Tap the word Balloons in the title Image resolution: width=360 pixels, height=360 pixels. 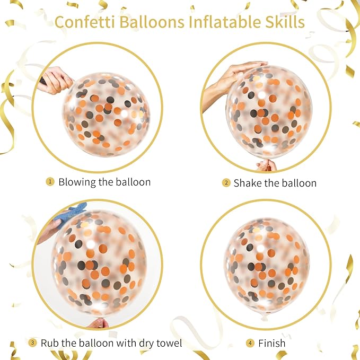(x=152, y=22)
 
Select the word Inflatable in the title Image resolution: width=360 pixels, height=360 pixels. (x=225, y=22)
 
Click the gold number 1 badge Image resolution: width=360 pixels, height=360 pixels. (x=50, y=182)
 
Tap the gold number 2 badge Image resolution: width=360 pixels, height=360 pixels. (x=226, y=183)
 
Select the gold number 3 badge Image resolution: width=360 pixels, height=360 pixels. (x=32, y=343)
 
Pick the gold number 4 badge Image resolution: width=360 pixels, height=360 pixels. (x=250, y=343)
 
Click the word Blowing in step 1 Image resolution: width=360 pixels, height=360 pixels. (x=77, y=182)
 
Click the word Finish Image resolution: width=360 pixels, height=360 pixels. (x=272, y=344)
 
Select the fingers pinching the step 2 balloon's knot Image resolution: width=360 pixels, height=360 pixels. (x=267, y=165)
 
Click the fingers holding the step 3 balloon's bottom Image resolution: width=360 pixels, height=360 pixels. (x=98, y=322)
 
